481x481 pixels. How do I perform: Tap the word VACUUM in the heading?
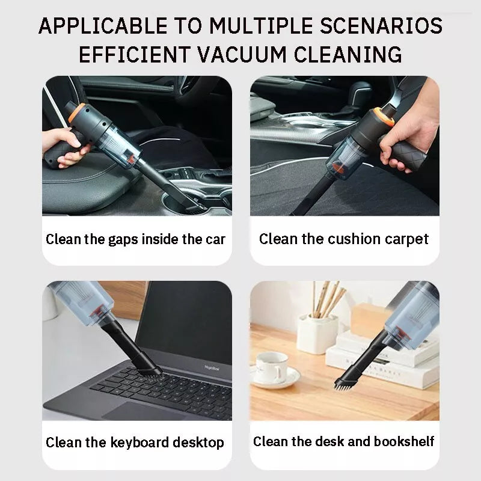tap(260, 54)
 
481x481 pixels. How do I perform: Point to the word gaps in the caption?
tap(123, 239)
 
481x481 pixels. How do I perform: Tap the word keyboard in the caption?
tap(141, 443)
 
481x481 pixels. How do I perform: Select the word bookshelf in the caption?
tap(404, 442)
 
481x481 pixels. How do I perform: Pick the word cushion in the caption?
tap(356, 239)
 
